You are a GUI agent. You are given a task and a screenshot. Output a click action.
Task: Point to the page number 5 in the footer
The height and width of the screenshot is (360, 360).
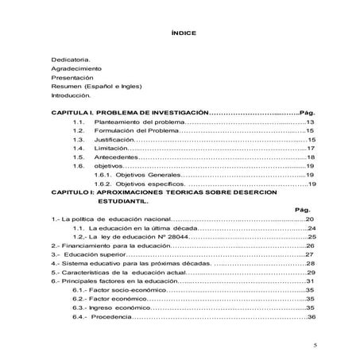(x=315, y=346)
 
